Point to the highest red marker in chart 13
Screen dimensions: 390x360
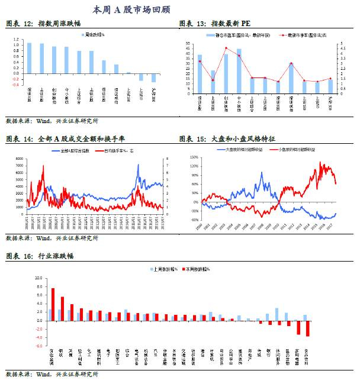(226, 48)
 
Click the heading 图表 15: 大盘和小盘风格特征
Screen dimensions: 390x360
(227, 139)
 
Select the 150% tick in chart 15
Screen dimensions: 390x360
(194, 157)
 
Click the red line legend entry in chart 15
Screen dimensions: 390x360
(296, 149)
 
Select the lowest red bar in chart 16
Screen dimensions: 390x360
(308, 328)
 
